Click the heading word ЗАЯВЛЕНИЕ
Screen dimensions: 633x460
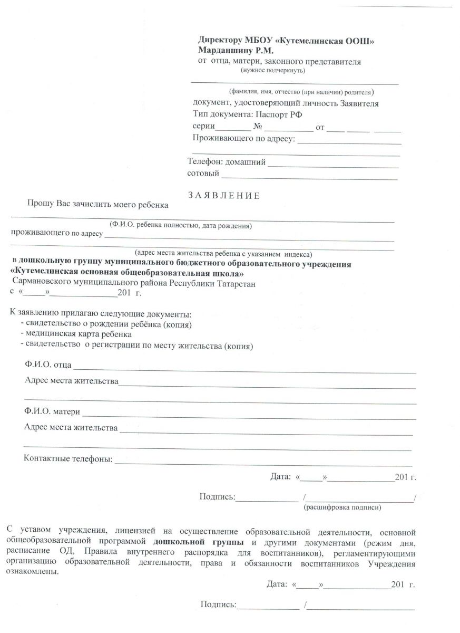[224, 196]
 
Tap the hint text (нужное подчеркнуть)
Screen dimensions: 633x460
[272, 70]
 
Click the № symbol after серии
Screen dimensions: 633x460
[258, 127]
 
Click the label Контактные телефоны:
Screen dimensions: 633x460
[68, 458]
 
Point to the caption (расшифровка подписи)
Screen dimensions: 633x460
[342, 507]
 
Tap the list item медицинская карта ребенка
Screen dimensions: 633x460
[75, 334]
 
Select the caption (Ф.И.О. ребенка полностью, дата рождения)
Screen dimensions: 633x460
[180, 226]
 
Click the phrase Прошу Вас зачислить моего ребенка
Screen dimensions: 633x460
[98, 205]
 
